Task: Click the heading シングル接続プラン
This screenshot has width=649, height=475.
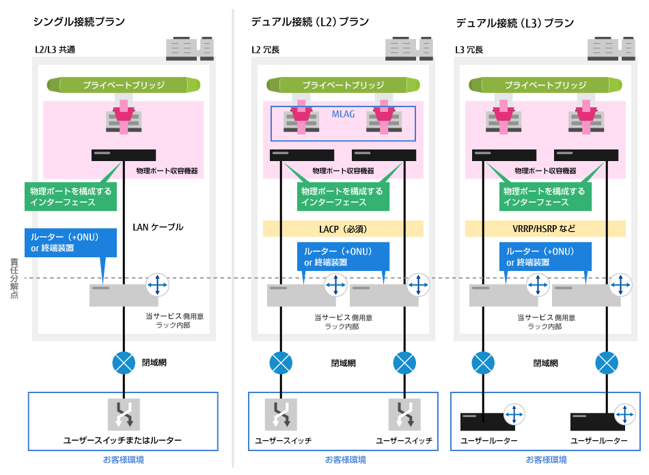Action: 79,22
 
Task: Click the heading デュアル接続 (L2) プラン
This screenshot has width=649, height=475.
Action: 310,22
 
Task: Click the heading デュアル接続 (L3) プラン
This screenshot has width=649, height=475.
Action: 514,23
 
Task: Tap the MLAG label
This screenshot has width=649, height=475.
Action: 343,114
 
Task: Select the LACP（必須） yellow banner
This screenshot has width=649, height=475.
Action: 343,229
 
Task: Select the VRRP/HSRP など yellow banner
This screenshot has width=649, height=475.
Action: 544,229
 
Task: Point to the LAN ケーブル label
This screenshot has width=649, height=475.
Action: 158,227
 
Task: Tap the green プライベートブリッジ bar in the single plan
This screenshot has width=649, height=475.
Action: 124,85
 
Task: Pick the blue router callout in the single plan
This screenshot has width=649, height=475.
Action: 65,242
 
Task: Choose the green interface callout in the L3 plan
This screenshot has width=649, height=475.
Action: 544,197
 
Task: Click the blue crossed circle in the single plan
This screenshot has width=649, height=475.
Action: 124,362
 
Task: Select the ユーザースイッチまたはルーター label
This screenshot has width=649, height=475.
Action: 123,440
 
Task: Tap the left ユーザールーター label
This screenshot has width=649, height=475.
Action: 489,441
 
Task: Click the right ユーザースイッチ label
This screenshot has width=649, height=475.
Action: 404,441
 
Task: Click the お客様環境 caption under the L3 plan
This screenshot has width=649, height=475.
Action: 545,459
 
